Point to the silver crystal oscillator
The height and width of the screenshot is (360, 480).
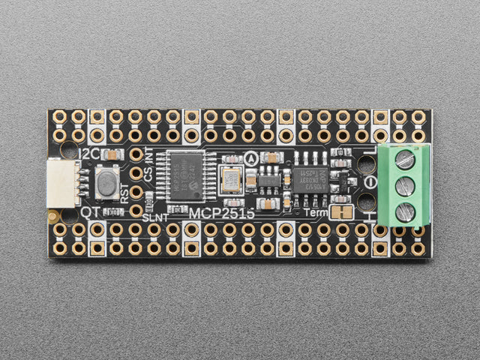[230, 181]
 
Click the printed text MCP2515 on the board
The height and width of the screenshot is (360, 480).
[221, 214]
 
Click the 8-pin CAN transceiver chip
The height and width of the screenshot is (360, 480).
[310, 181]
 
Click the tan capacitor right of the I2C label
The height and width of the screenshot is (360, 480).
[111, 154]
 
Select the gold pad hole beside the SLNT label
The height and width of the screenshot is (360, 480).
[136, 209]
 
